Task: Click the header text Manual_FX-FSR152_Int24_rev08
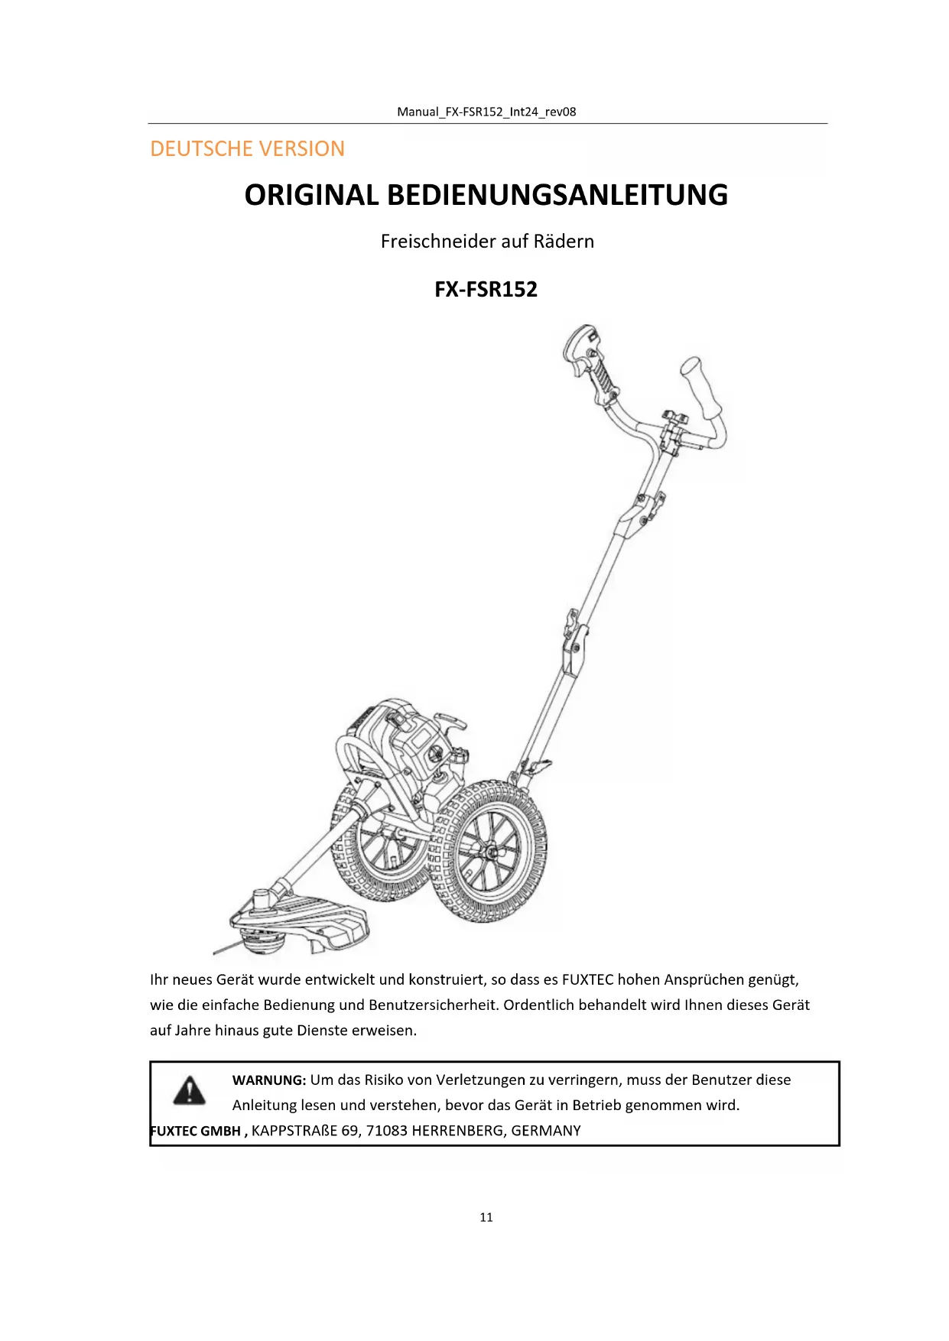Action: click(x=486, y=112)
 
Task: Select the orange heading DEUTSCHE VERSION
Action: click(x=247, y=148)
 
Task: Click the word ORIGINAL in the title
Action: click(x=310, y=195)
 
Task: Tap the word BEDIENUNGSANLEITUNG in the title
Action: click(x=557, y=195)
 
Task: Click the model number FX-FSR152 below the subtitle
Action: click(x=486, y=289)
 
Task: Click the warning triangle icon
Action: click(x=189, y=1090)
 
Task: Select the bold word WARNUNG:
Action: click(x=269, y=1080)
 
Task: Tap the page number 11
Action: click(x=486, y=1217)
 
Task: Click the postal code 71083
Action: click(x=386, y=1131)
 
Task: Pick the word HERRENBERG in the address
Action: click(x=457, y=1131)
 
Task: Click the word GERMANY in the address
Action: click(x=546, y=1131)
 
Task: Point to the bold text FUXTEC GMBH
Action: click(x=196, y=1131)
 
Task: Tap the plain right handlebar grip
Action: click(x=703, y=388)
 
